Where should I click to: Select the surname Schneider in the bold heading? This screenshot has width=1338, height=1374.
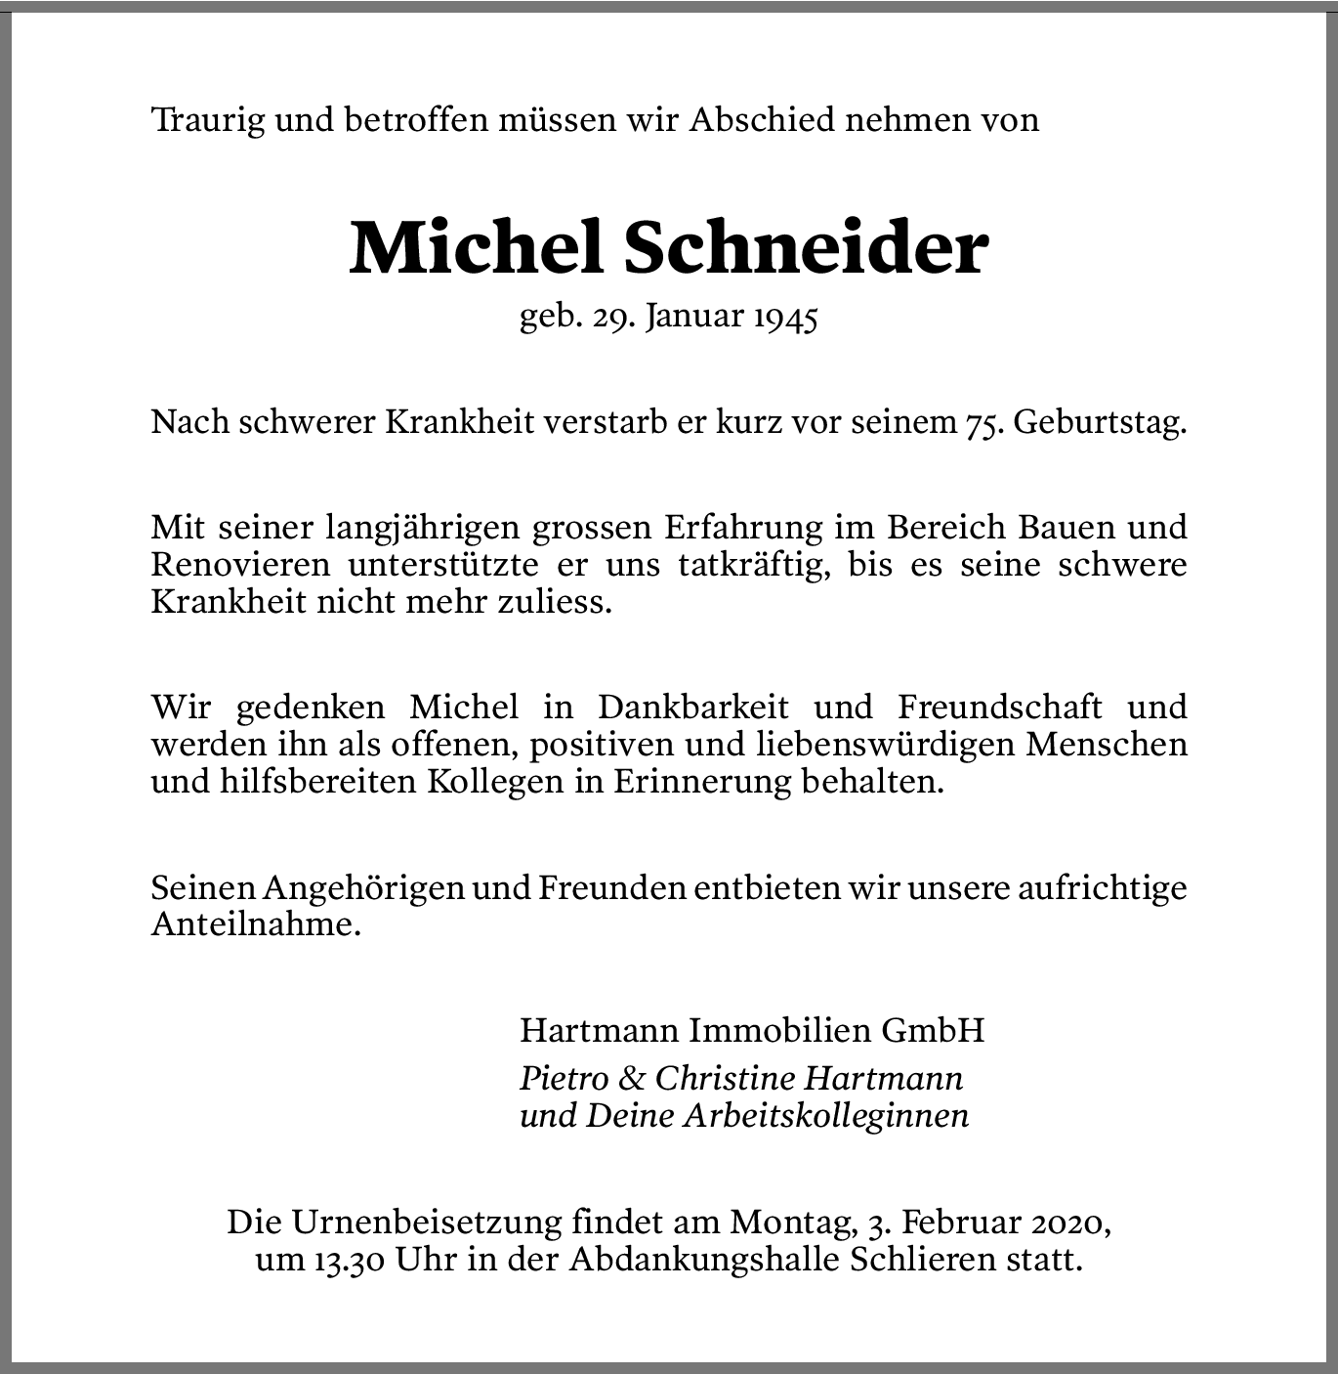(805, 248)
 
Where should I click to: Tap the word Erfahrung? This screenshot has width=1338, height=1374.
(744, 529)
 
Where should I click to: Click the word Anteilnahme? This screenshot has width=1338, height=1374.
(256, 924)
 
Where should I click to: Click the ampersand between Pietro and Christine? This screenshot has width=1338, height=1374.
(633, 1078)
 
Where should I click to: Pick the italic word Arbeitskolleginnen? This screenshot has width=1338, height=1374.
(825, 1116)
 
